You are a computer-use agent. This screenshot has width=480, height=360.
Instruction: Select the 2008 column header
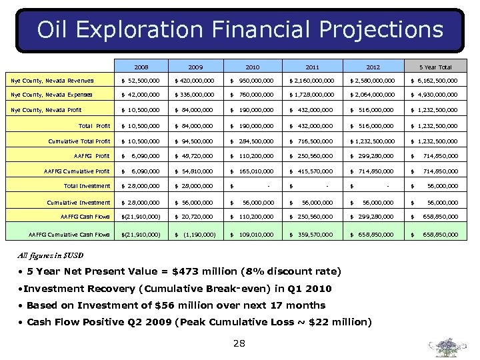point(141,67)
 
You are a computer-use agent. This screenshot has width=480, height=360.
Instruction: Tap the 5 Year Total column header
point(435,67)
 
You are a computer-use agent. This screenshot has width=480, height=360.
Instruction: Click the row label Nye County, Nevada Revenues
point(52,81)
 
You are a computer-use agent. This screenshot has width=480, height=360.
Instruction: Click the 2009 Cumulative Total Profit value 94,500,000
point(194,141)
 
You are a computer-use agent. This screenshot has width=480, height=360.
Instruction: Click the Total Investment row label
point(87,186)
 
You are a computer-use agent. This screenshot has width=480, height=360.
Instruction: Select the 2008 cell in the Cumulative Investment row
point(141,203)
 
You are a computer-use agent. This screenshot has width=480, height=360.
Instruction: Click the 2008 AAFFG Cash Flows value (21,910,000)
point(141,217)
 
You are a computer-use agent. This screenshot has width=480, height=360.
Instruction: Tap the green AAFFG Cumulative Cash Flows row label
point(69,235)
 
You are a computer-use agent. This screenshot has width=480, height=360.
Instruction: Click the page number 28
point(239,343)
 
